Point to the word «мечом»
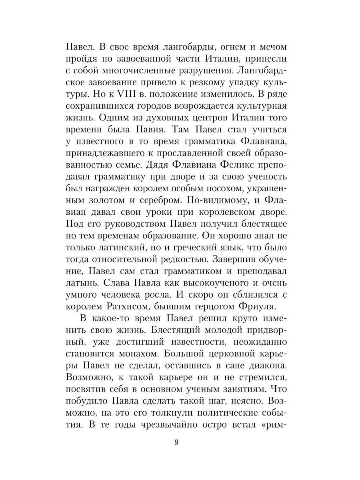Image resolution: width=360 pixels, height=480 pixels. [x=272, y=47]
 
